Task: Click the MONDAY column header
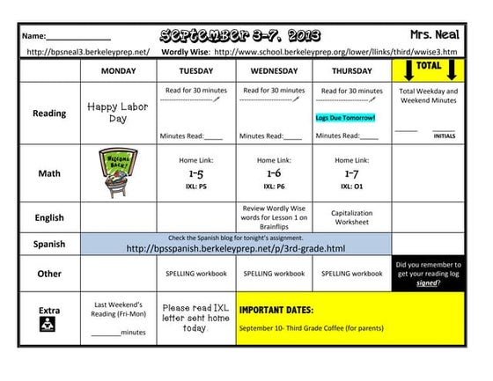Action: point(119,70)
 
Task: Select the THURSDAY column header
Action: point(352,70)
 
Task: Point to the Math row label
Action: point(48,173)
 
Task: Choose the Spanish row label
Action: point(48,244)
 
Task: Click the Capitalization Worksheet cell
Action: point(352,217)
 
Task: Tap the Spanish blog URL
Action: point(235,249)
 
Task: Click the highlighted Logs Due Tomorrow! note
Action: point(346,117)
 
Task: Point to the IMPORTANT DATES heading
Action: point(276,310)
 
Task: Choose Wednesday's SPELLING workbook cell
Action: point(275,274)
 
